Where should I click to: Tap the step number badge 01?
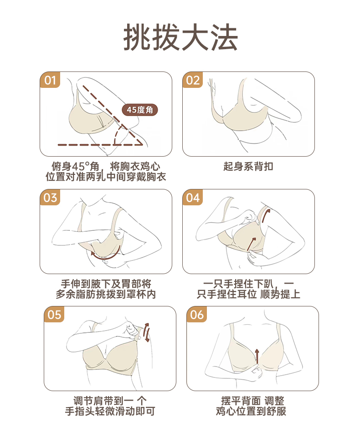pos(50,80)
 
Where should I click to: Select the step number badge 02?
pos(193,80)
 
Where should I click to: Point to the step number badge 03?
pos(50,198)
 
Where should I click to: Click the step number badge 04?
pos(193,198)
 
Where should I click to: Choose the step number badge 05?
pos(54,315)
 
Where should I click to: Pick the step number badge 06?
pos(197,315)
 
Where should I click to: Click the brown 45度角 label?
pos(140,110)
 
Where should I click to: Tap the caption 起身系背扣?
pos(248,167)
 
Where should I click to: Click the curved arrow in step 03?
pos(105,257)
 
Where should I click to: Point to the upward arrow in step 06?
pos(257,356)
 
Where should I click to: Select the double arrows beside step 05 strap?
pos(146,332)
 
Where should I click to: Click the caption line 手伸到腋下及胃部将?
pos(106,284)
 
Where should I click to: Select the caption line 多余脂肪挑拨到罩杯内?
pos(106,294)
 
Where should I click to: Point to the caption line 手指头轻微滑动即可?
pos(110,411)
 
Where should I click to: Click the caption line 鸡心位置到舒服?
pos(251,411)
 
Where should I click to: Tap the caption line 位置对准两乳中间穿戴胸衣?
pos(106,177)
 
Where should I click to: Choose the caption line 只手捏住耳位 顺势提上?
pos(248,294)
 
